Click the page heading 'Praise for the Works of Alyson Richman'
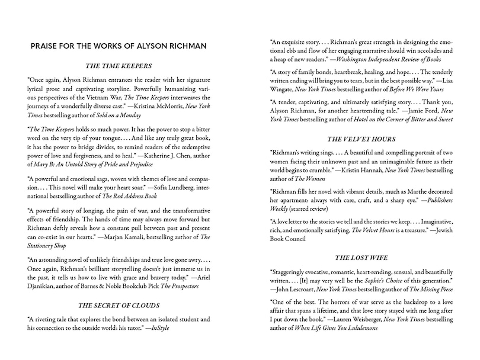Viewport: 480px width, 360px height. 119,46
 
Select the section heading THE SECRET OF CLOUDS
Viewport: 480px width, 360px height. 119,306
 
